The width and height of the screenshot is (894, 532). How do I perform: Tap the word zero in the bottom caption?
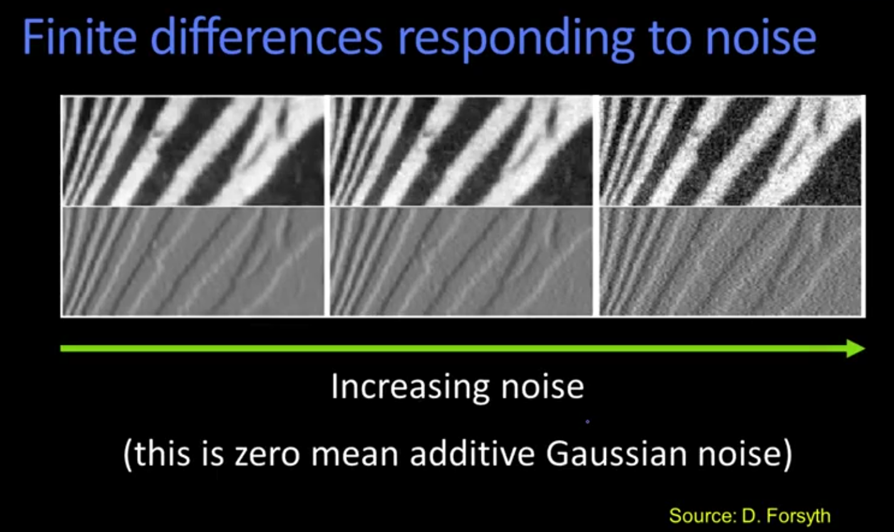[x=267, y=456]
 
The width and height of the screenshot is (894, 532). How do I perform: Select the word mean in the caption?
[x=355, y=456]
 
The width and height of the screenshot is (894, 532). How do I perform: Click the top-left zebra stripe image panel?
[x=194, y=151]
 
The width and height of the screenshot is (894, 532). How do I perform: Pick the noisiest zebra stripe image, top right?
[x=731, y=151]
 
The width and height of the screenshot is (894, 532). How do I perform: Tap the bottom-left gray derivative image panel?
[x=194, y=262]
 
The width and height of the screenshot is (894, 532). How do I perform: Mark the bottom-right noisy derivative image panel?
[x=731, y=262]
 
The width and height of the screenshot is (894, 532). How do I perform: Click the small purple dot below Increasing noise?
[x=587, y=421]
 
